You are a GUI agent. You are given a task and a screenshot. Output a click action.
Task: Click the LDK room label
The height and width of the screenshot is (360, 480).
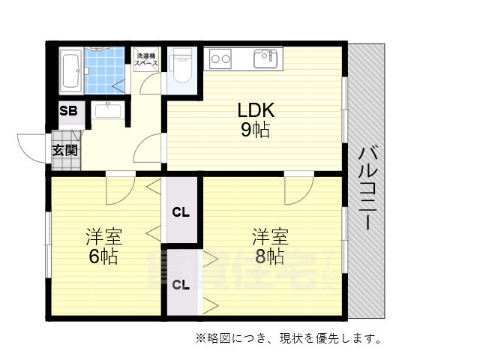pyautogui.click(x=256, y=110)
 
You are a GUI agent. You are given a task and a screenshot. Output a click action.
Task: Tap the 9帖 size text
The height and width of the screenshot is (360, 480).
pyautogui.click(x=256, y=130)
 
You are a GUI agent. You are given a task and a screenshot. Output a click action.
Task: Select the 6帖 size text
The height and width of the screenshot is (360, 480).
pyautogui.click(x=103, y=257)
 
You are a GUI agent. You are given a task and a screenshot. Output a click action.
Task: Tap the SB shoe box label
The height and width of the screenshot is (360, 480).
pyautogui.click(x=68, y=111)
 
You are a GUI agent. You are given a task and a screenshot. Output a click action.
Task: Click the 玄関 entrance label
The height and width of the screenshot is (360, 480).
pyautogui.click(x=65, y=149)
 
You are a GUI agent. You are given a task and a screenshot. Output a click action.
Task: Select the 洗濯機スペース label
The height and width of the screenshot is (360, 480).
pyautogui.click(x=145, y=61)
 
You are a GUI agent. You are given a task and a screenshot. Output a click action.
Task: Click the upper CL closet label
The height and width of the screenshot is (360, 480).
pyautogui.click(x=181, y=211)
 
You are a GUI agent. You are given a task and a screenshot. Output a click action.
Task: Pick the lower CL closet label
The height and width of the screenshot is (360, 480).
pyautogui.click(x=181, y=284)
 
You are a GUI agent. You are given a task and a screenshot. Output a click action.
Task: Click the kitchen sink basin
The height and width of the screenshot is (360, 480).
pyautogui.click(x=266, y=58)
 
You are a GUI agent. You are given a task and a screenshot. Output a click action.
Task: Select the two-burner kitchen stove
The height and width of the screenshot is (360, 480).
pyautogui.click(x=221, y=57)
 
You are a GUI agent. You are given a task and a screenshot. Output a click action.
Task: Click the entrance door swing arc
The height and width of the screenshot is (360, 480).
pyautogui.click(x=31, y=146)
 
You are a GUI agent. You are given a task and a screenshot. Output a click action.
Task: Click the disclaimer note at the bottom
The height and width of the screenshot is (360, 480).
pyautogui.click(x=289, y=338)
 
